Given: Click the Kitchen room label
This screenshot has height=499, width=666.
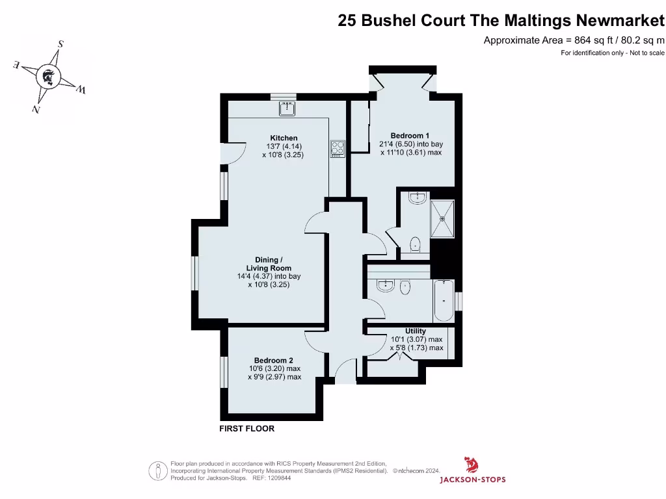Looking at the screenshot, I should pos(284,138).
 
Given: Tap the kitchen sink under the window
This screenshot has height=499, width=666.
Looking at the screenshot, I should pos(287,108).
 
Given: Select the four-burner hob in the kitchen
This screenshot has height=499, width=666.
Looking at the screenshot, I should pos(338,148).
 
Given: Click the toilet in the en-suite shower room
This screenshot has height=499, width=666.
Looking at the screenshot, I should pos(415,244).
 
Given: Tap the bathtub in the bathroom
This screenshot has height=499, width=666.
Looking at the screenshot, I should pos(443,301).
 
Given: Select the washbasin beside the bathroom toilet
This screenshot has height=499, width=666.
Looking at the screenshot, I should pos(386,285).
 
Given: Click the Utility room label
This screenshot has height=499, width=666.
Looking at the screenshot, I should pos(416,331).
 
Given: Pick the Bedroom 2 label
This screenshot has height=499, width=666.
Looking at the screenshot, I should pos(273,361).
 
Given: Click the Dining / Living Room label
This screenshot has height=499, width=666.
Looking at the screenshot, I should pos(269,264).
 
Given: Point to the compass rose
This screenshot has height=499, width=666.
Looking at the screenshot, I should pos(47,77).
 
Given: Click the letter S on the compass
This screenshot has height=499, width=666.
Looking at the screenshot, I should pos(60,44).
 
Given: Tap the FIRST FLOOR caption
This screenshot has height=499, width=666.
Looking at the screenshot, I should pos(246,429).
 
